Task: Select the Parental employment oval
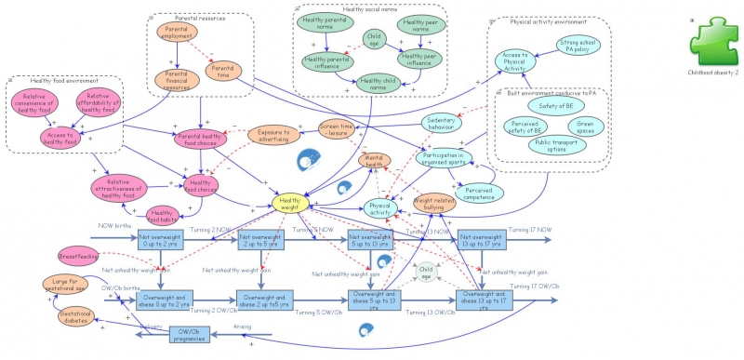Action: [177, 35]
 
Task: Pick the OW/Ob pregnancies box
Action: [193, 335]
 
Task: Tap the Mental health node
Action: [374, 161]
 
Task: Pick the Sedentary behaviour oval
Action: [447, 124]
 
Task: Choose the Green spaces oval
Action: [585, 125]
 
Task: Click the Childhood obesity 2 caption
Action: [712, 72]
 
